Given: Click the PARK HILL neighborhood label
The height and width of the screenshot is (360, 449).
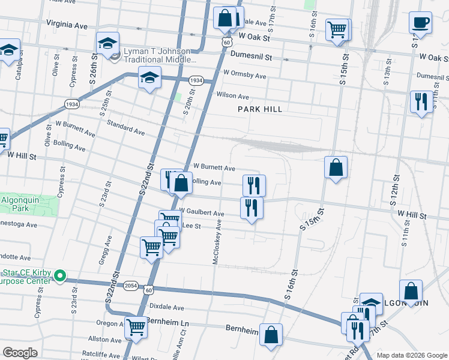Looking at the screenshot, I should tap(259, 109).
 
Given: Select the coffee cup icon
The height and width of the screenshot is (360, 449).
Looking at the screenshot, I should tap(420, 23).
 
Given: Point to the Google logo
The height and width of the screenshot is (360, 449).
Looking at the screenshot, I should tap(20, 353).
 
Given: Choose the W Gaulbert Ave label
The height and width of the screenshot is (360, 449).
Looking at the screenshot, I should tap(202, 214).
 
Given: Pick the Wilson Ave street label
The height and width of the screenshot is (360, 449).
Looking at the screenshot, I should tap(233, 96).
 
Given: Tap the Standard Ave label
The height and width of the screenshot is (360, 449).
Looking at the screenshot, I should tap(126, 127).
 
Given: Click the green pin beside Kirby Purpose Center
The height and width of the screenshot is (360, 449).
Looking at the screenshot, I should tap(59, 277).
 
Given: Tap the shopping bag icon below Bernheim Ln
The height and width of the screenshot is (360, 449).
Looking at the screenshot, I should tap(271, 335).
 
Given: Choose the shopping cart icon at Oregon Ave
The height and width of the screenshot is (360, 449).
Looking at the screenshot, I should tap(137, 328).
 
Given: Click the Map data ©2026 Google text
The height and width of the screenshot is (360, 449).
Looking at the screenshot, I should tap(411, 355).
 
